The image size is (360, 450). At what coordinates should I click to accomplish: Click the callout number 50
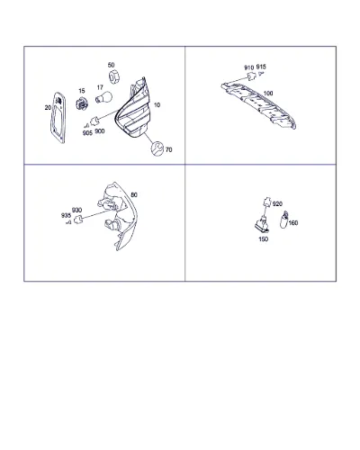point(111,65)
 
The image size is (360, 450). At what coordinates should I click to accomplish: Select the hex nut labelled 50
point(114,76)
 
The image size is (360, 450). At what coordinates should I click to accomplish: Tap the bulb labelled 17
point(103,97)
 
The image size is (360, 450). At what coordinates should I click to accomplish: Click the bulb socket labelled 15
point(81,103)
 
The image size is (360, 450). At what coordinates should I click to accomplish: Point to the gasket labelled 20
point(58,117)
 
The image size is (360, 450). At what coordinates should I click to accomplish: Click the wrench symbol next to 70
point(157,148)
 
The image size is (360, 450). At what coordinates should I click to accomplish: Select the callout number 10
point(157,105)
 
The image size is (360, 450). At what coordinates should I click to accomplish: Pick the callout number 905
point(87,133)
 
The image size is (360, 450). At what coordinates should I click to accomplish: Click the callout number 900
point(100,131)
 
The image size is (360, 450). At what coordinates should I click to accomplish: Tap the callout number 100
point(268,94)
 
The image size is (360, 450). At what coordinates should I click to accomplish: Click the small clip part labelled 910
point(251,76)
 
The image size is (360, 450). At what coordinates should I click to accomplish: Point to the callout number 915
point(261,67)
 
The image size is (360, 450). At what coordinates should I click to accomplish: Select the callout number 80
point(134,195)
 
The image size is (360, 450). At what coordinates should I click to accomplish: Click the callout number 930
point(76,210)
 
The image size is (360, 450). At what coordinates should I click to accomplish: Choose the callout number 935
point(66,215)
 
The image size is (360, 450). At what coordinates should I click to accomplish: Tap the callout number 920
point(277,204)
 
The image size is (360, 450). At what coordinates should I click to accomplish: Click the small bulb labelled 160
point(283,220)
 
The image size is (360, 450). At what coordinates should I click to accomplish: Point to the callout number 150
point(263,239)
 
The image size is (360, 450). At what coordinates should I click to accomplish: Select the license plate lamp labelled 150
point(262,226)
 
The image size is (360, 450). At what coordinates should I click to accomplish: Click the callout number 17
point(100,87)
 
